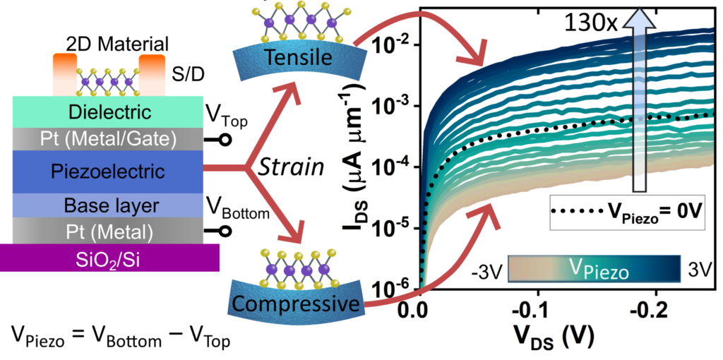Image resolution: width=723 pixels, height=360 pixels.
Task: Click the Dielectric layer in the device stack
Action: [x=109, y=112]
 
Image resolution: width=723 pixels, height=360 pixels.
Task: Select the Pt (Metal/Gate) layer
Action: [x=109, y=140]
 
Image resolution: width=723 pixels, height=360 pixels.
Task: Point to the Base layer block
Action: [x=109, y=205]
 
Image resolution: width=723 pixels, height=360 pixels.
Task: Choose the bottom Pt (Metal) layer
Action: [x=109, y=231]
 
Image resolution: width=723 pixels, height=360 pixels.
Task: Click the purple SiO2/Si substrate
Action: [x=109, y=258]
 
